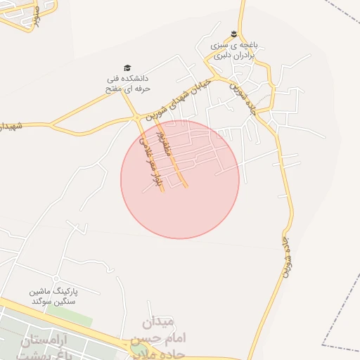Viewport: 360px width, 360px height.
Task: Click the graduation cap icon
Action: [x=127, y=68]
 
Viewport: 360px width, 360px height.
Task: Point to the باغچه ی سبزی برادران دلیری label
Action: [x=237, y=49]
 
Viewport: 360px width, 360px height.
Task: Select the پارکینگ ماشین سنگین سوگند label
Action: [x=52, y=296]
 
